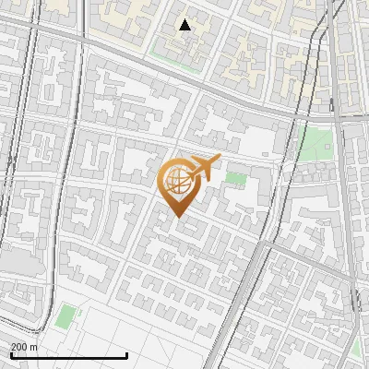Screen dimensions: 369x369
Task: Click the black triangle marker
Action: [x=184, y=25]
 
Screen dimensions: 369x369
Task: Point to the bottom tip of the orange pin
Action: [x=175, y=217]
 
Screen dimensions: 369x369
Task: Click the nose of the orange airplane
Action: [x=220, y=158]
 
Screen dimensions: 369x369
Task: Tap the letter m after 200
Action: [x=34, y=347]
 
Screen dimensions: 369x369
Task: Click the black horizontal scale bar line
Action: [x=68, y=355]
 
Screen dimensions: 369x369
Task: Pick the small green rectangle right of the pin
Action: [x=236, y=178]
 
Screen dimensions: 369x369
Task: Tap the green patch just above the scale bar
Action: [x=64, y=316]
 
